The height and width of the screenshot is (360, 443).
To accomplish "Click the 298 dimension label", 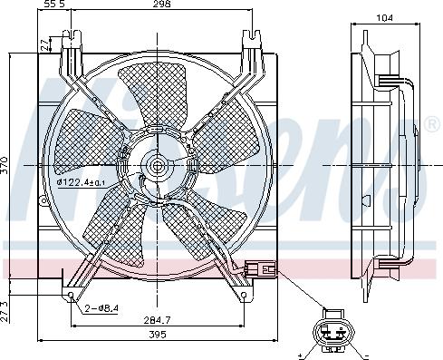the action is point(161,4).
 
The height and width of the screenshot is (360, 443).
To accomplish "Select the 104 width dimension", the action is point(385,18).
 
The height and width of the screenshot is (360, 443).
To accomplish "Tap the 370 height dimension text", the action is point(5,165).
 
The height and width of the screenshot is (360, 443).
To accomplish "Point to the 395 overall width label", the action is point(158,335).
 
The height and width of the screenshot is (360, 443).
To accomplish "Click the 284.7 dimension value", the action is point(157,319).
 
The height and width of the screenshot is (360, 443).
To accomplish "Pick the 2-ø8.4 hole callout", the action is point(101,308).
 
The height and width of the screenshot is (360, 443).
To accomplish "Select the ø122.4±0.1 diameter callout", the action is point(82,182).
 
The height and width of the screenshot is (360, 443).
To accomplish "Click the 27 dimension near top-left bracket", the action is point(44,44).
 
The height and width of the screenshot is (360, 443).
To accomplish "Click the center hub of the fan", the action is point(157,165).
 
